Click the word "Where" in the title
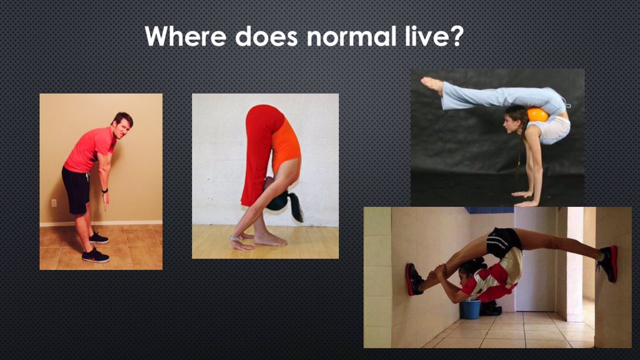(186, 36)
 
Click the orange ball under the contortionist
(537, 114)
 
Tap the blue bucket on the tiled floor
(471, 309)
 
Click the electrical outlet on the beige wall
(54, 202)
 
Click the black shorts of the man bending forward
(76, 189)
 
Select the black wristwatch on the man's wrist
(105, 190)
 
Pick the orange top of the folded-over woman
(286, 144)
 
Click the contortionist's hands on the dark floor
(525, 199)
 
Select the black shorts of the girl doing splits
(503, 241)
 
